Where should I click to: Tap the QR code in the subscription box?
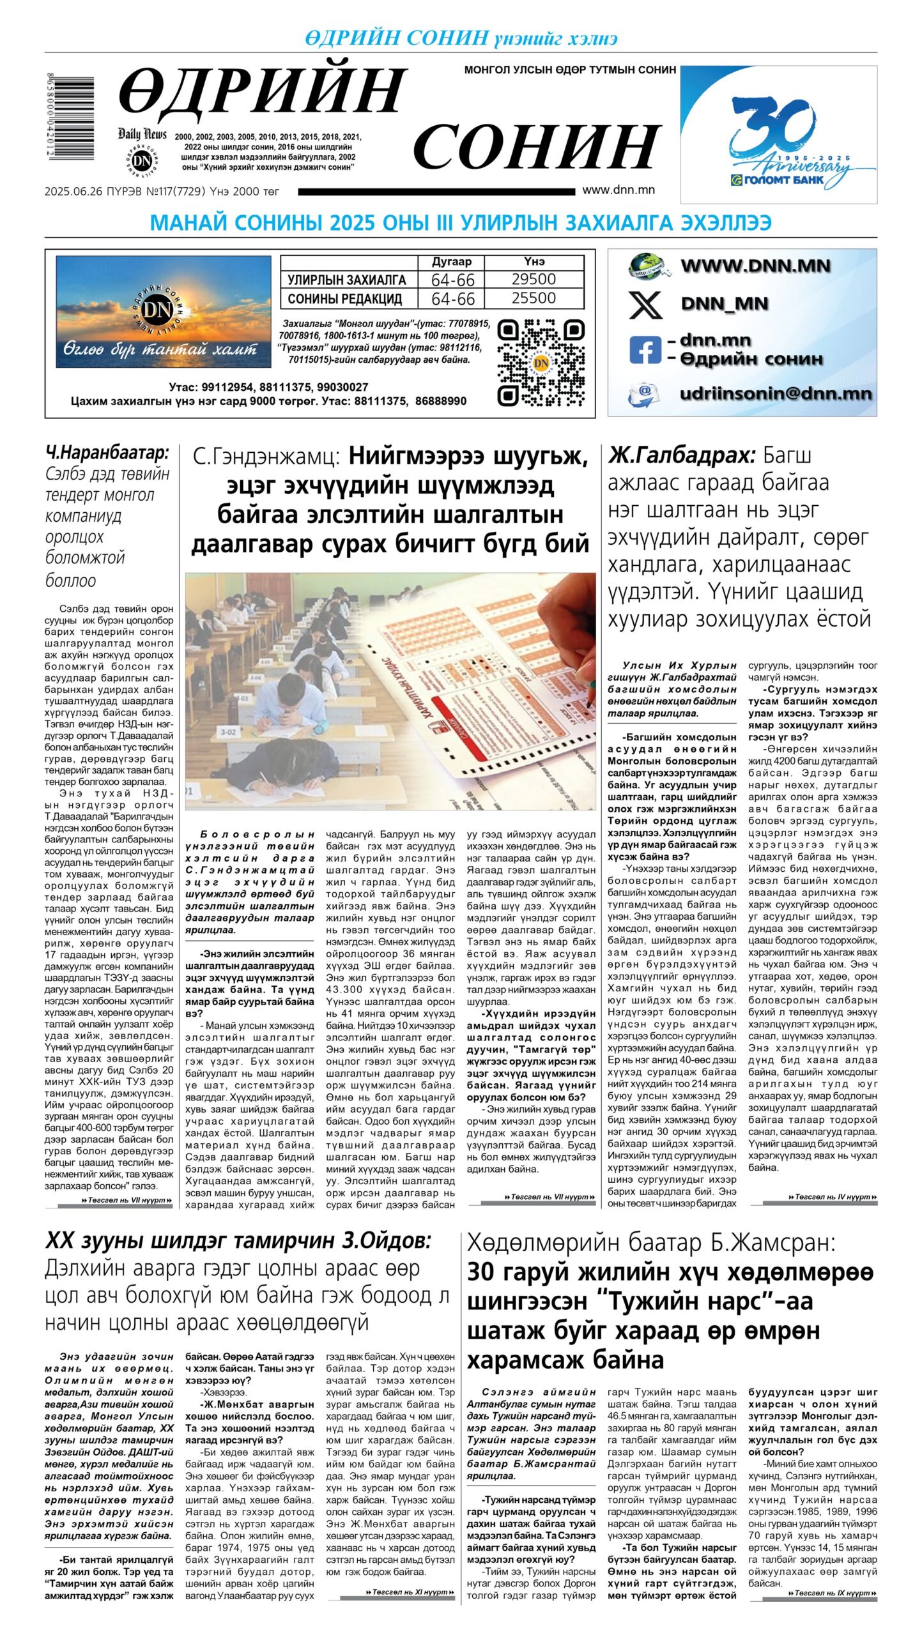(541, 363)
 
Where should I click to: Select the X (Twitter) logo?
(645, 304)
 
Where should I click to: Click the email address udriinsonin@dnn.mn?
(775, 393)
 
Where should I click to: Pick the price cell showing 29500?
(534, 279)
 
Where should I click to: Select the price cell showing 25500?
(534, 298)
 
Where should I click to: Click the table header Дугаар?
(451, 261)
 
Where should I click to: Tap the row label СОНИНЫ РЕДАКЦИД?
(345, 299)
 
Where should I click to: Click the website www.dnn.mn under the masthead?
(618, 190)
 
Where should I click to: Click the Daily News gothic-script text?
(142, 134)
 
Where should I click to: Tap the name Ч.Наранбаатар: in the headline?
(107, 453)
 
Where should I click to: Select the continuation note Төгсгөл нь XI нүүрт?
(409, 1592)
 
